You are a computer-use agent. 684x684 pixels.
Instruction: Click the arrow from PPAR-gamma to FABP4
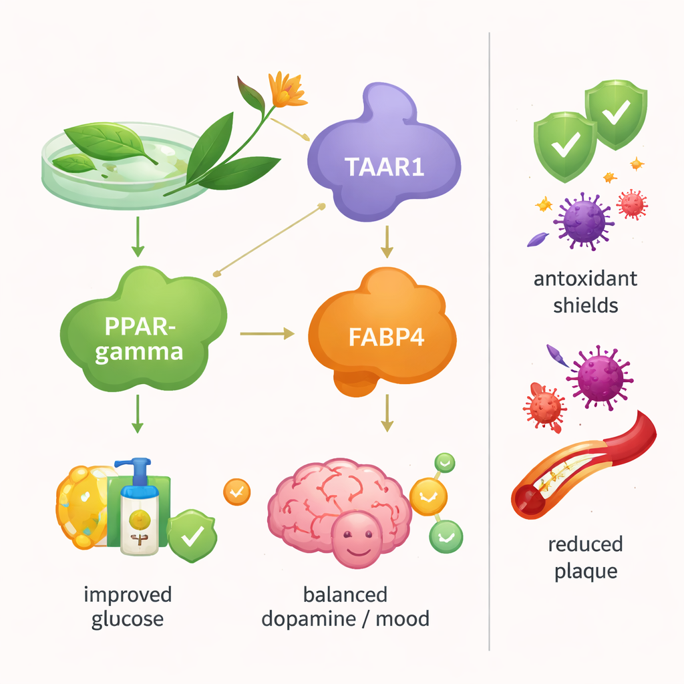pos(267,332)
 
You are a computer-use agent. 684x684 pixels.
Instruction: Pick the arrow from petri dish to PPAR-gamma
pos(138,237)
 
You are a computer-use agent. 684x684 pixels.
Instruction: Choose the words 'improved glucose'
pos(127,606)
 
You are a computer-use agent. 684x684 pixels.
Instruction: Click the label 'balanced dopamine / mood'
pos(345,606)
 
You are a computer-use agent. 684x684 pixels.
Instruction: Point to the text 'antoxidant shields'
pos(585,292)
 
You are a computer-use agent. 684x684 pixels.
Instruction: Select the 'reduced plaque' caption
pos(585,558)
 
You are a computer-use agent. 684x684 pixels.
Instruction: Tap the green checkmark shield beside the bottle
pos(192,536)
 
